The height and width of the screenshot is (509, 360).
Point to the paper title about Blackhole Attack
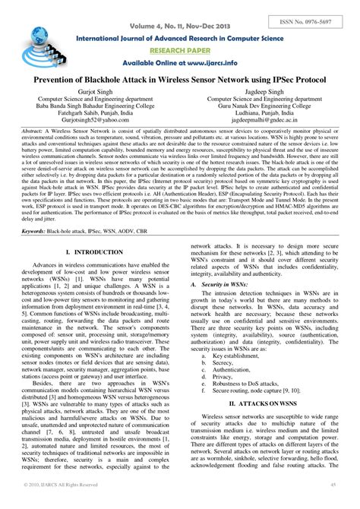[x=179, y=80]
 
